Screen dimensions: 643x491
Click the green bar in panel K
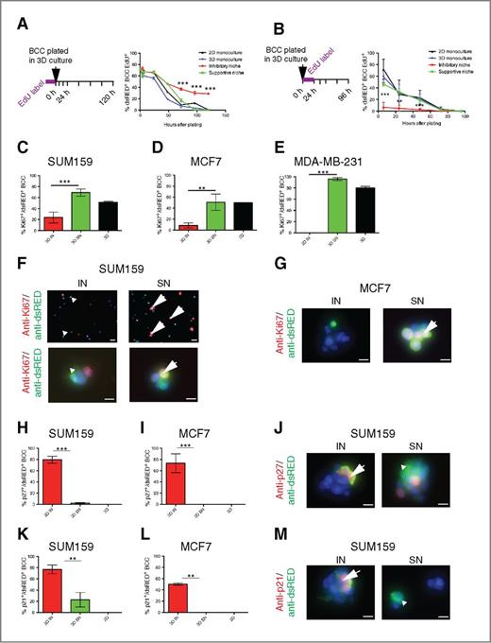point(82,607)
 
